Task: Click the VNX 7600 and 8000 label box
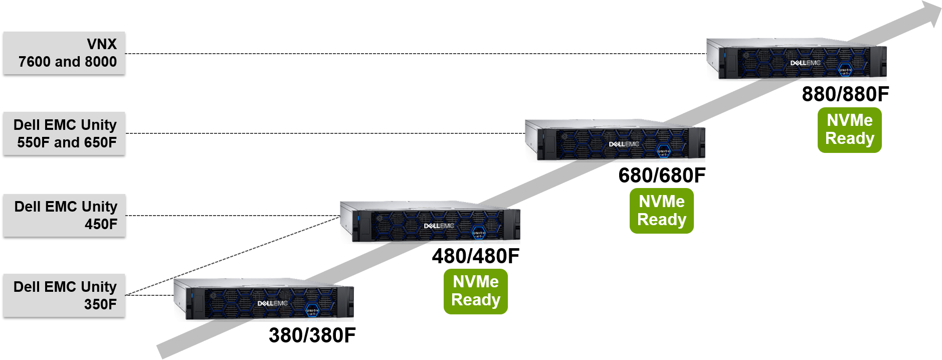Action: click(x=64, y=53)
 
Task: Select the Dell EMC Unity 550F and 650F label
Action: click(x=64, y=133)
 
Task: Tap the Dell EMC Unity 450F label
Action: click(x=64, y=215)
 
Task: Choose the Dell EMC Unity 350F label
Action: click(x=64, y=295)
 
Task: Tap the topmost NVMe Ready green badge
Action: click(x=849, y=130)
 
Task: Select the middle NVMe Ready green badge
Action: click(x=661, y=211)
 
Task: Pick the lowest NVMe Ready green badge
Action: click(x=475, y=291)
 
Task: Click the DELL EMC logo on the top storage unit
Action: click(x=805, y=63)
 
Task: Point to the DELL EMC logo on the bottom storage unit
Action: click(x=272, y=303)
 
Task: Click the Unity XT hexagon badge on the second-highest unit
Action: click(x=664, y=152)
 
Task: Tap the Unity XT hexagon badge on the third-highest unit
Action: click(x=479, y=234)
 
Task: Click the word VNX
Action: click(x=102, y=44)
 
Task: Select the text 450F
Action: click(x=101, y=224)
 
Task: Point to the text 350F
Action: click(x=100, y=304)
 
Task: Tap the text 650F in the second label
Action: click(x=100, y=142)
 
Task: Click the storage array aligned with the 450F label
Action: click(x=430, y=223)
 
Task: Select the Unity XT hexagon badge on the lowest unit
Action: click(x=312, y=311)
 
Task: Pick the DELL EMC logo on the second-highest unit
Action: click(x=624, y=144)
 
